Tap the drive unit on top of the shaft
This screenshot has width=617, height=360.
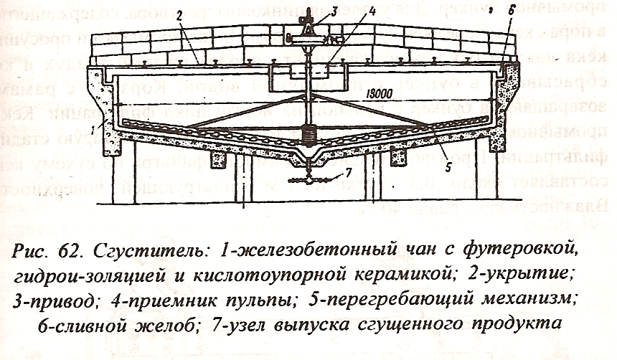(x=307, y=29)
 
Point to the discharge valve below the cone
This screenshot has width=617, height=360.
(x=309, y=181)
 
